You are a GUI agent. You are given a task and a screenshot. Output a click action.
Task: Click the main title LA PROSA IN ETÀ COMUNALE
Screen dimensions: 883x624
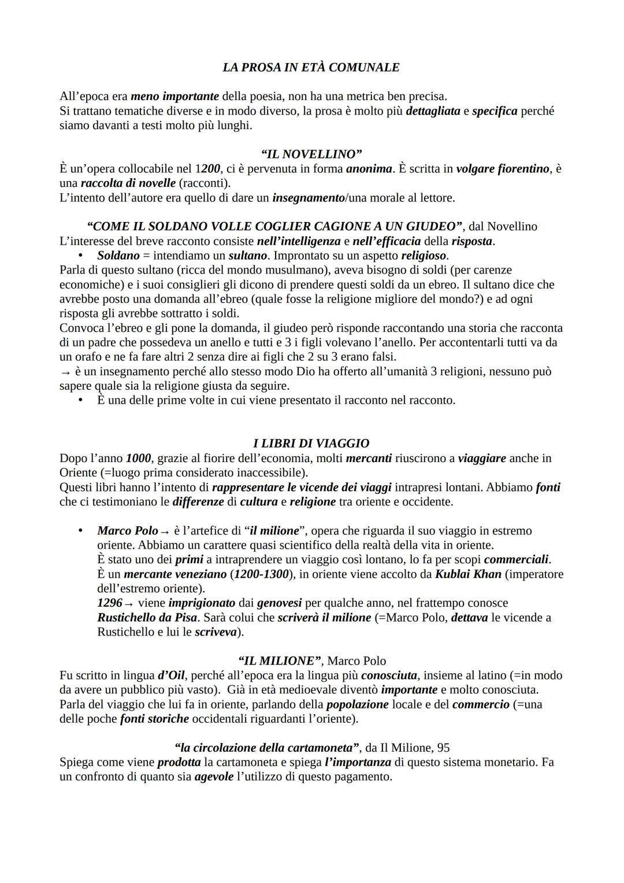pyautogui.click(x=311, y=68)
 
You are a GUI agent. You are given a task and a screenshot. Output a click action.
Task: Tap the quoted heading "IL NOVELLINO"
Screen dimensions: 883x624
pyautogui.click(x=311, y=154)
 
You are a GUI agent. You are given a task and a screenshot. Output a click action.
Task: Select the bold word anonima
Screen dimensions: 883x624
pyautogui.click(x=369, y=169)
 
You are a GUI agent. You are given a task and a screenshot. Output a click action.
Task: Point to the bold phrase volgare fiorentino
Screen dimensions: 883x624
pyautogui.click(x=503, y=169)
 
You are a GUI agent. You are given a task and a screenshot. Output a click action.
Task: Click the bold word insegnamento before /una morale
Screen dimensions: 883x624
pyautogui.click(x=308, y=198)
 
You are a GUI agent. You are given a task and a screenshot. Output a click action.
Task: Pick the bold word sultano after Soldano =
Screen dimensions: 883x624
pyautogui.click(x=247, y=256)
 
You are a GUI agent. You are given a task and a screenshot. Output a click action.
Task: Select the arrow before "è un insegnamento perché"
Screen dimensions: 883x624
pyautogui.click(x=64, y=372)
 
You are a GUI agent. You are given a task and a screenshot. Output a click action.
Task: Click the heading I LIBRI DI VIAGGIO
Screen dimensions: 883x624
pyautogui.click(x=311, y=444)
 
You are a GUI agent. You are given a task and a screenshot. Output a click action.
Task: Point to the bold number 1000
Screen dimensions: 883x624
pyautogui.click(x=138, y=459)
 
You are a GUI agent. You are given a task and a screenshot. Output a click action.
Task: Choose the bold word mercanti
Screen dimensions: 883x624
pyautogui.click(x=369, y=459)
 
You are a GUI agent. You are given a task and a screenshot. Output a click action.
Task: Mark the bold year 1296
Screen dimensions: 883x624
pyautogui.click(x=109, y=603)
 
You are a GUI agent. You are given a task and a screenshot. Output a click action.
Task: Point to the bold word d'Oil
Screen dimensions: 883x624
pyautogui.click(x=171, y=675)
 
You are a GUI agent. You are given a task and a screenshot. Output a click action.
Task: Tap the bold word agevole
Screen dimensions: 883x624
pyautogui.click(x=214, y=777)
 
